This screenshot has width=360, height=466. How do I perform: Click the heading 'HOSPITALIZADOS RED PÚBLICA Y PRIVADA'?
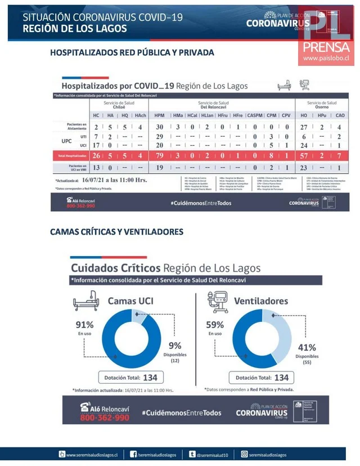(132, 53)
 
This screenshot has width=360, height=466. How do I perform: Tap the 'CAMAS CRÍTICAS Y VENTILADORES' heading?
(116, 231)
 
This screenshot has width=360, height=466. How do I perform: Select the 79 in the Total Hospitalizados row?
(159, 155)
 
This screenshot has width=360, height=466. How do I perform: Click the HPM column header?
(159, 115)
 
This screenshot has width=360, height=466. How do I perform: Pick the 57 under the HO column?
(304, 155)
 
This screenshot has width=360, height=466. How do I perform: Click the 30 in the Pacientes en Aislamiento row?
(159, 127)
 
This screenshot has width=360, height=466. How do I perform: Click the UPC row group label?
(66, 141)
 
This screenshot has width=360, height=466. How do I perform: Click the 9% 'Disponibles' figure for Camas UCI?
(175, 346)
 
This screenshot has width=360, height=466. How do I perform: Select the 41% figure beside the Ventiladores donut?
(307, 347)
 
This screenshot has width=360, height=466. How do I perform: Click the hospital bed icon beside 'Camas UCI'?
(85, 302)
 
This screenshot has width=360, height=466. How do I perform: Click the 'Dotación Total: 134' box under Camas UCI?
(128, 378)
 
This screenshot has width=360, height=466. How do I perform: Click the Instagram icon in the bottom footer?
(244, 454)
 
